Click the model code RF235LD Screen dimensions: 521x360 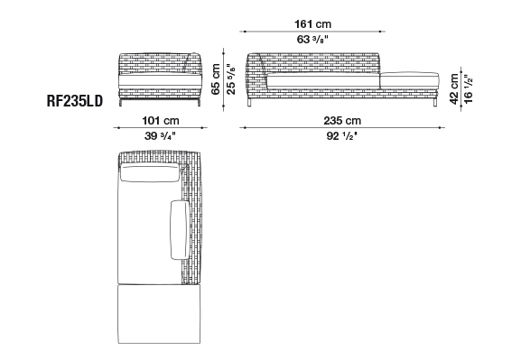75,101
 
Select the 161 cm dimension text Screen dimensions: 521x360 312,24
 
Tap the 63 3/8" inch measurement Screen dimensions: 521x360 312,40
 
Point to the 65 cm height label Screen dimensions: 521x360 216,79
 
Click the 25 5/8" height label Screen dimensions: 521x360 230,79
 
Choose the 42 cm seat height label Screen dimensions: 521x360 454,89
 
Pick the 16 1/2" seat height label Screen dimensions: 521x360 468,89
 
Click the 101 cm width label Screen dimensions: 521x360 161,120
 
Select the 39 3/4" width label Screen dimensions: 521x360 160,136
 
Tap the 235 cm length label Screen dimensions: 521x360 342,120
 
